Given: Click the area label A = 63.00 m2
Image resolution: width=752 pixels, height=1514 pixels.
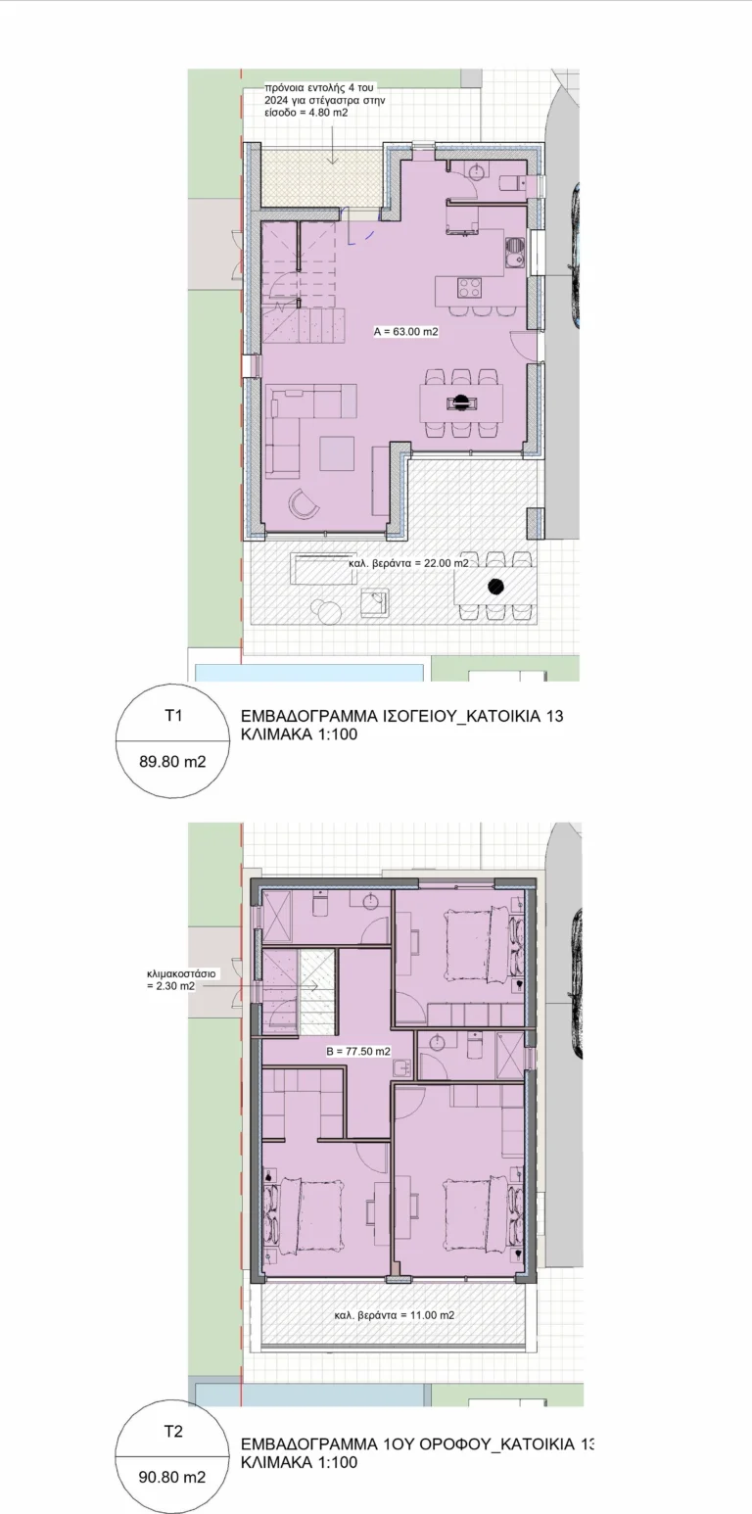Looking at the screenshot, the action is point(406,332).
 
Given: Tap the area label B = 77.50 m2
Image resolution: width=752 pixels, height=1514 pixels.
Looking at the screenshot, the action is point(358,1052).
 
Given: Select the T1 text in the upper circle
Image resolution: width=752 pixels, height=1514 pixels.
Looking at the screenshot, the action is point(173,715).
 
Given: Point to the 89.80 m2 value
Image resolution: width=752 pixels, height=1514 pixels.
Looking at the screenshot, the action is point(172,762).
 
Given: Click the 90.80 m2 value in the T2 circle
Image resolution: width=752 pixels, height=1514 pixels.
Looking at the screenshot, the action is point(172,1477).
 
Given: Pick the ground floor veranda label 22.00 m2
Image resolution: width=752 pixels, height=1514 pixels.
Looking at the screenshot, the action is point(408,563).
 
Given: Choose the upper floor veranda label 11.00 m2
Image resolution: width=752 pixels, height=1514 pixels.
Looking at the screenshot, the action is point(395,1315).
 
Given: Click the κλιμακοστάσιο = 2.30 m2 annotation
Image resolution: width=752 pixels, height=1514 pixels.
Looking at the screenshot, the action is point(180,980).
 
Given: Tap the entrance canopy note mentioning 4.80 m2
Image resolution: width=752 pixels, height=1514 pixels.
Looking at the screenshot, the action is point(325,100).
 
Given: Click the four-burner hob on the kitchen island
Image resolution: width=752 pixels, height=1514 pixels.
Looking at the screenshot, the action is point(470,288).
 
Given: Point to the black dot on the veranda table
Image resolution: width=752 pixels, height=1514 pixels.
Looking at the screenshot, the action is point(495,587).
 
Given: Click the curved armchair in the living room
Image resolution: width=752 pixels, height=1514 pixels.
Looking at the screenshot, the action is point(304,502).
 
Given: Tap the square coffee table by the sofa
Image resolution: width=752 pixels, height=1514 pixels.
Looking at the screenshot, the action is point(337,453).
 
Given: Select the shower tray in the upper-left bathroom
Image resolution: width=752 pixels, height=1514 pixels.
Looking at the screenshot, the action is point(278,916).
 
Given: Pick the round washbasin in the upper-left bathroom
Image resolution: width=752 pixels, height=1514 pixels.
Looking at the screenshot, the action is point(370,901).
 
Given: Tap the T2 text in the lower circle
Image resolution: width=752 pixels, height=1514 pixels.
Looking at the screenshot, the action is point(173,1432).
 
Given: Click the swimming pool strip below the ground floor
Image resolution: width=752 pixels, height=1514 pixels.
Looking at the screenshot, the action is point(309,672).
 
